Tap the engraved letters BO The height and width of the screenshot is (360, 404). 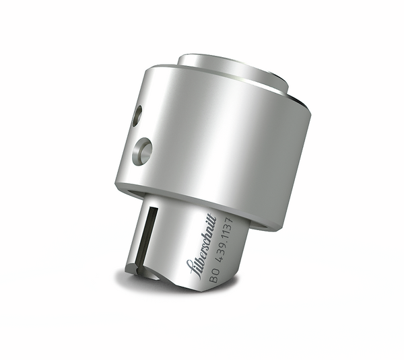214,275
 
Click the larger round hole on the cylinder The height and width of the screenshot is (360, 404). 142,151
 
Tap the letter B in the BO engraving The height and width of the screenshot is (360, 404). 213,279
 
